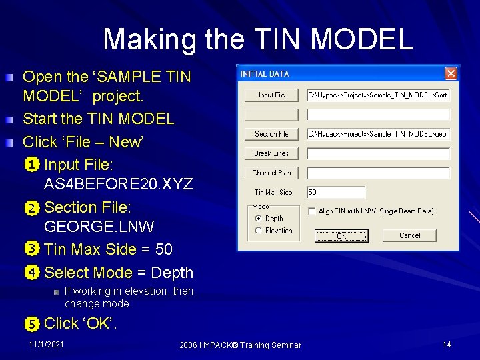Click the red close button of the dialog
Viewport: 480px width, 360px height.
click(x=451, y=73)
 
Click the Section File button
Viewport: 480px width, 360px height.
click(x=271, y=134)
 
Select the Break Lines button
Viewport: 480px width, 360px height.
click(x=271, y=153)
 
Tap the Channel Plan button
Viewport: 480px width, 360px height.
click(x=271, y=173)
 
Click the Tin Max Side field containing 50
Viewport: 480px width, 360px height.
click(x=336, y=193)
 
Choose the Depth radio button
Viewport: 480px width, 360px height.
click(x=259, y=218)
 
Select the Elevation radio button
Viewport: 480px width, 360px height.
click(x=259, y=231)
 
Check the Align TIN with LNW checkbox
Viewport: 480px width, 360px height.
click(x=312, y=211)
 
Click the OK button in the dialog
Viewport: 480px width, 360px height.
click(x=341, y=236)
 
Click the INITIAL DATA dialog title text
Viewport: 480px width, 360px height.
click(x=265, y=73)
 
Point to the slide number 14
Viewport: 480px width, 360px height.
click(x=447, y=344)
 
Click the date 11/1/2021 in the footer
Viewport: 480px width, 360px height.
click(x=47, y=344)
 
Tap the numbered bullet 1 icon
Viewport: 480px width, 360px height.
click(x=32, y=165)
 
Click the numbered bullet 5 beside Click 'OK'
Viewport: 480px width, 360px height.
click(x=32, y=324)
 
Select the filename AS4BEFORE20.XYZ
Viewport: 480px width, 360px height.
click(x=118, y=184)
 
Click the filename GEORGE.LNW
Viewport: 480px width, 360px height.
click(x=99, y=227)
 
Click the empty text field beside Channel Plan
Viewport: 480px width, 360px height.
click(x=378, y=173)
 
